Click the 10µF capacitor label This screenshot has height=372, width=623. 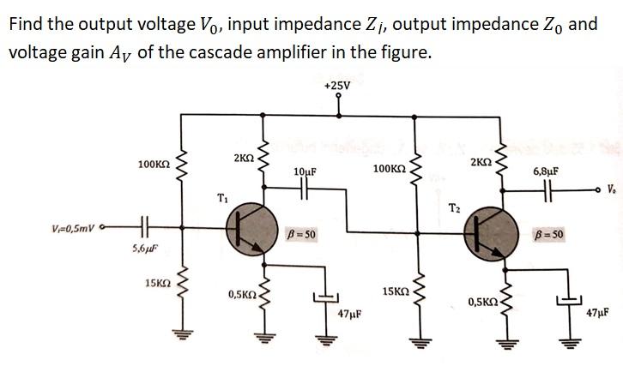tap(305, 172)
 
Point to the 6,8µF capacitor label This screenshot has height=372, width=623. tap(546, 171)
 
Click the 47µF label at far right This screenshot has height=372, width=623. tap(597, 314)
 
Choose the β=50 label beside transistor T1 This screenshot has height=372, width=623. tap(301, 234)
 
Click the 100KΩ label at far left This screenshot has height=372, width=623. tap(152, 164)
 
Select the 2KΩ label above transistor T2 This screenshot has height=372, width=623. tap(481, 163)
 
